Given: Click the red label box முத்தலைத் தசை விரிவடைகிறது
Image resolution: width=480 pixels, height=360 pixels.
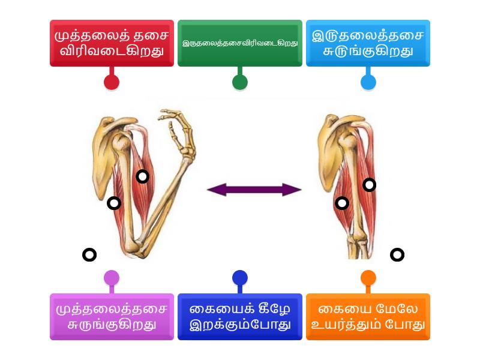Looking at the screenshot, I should [112, 43].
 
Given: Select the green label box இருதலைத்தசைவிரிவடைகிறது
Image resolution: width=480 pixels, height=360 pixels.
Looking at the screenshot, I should [240, 43].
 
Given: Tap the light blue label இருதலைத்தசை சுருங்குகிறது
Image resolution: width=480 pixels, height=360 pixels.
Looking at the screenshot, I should [368, 43].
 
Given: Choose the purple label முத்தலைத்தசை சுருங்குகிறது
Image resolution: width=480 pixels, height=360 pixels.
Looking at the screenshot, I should [112, 317].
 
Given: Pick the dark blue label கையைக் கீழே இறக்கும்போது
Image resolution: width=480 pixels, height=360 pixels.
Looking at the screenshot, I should [240, 317].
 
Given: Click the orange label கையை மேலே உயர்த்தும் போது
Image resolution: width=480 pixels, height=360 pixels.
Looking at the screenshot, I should [368, 317].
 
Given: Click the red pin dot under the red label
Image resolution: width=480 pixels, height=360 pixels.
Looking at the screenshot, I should [112, 82].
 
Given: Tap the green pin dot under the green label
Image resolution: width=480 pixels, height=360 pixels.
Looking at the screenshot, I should [240, 82].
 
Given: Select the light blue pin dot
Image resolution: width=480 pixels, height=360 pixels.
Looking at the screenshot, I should [368, 82].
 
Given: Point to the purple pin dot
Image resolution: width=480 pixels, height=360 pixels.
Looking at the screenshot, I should [112, 278].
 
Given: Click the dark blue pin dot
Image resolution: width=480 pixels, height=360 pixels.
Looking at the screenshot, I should [240, 278].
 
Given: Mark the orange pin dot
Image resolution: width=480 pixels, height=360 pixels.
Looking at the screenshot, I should [368, 278].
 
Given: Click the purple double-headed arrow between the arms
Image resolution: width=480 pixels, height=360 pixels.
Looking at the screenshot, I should [254, 190].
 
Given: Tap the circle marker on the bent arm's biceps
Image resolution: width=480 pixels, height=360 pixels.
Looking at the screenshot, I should [142, 176].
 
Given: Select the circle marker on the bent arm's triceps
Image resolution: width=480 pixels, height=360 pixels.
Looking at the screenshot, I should [114, 203].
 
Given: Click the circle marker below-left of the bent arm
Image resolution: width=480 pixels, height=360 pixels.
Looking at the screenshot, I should [89, 255].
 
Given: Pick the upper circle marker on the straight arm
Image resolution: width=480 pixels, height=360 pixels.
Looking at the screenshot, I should [370, 185].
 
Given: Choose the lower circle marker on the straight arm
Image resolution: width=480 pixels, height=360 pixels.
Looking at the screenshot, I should [342, 203].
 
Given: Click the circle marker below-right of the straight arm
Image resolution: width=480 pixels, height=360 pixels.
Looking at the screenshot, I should [397, 255].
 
